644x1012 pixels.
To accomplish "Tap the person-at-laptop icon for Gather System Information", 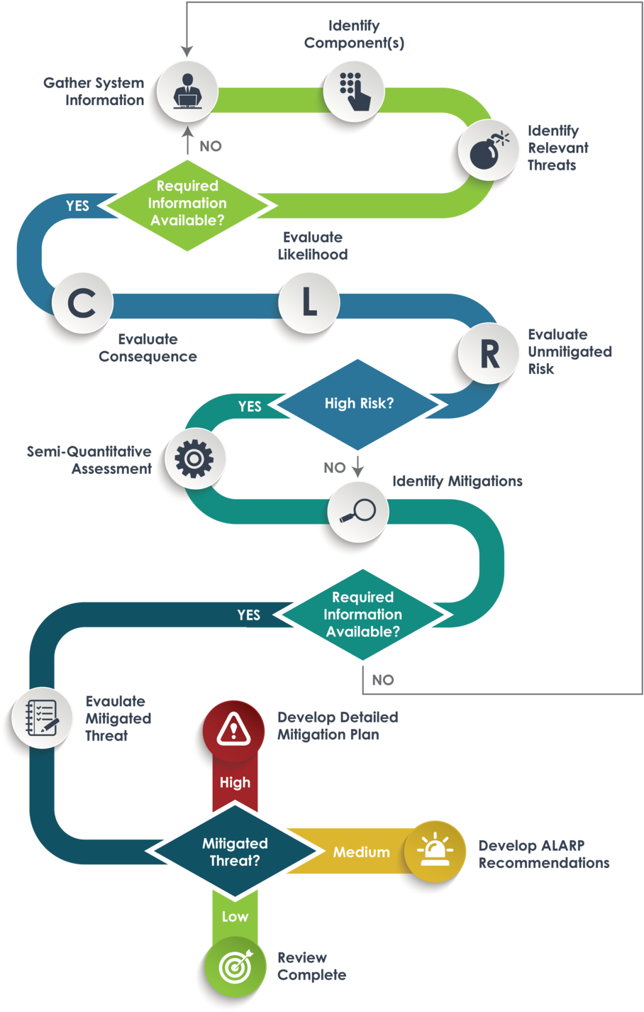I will pos(187,91).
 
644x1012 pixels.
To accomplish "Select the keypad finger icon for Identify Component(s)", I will pos(355,91).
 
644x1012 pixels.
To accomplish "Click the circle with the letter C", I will pos(82,303).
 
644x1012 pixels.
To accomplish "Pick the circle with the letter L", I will pos(309,303).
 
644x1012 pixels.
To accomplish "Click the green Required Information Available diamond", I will pos(187,204).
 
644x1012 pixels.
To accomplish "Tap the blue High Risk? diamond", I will pos(359,404).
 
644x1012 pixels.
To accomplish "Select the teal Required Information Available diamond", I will pos(362,615).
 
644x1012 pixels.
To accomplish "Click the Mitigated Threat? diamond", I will pos(235,852).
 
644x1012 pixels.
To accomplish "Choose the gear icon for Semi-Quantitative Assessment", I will pos(194,458).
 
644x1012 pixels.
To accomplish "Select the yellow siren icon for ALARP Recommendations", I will pos(435,851).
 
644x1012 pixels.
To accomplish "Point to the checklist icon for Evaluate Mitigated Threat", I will pos(42,718).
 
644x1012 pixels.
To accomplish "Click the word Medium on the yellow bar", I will pos(362,852).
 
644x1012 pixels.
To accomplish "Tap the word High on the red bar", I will pos(235,783).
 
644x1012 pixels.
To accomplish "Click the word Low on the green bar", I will pos(235,917).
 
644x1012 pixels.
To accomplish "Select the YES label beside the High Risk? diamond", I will pos(250,407).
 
